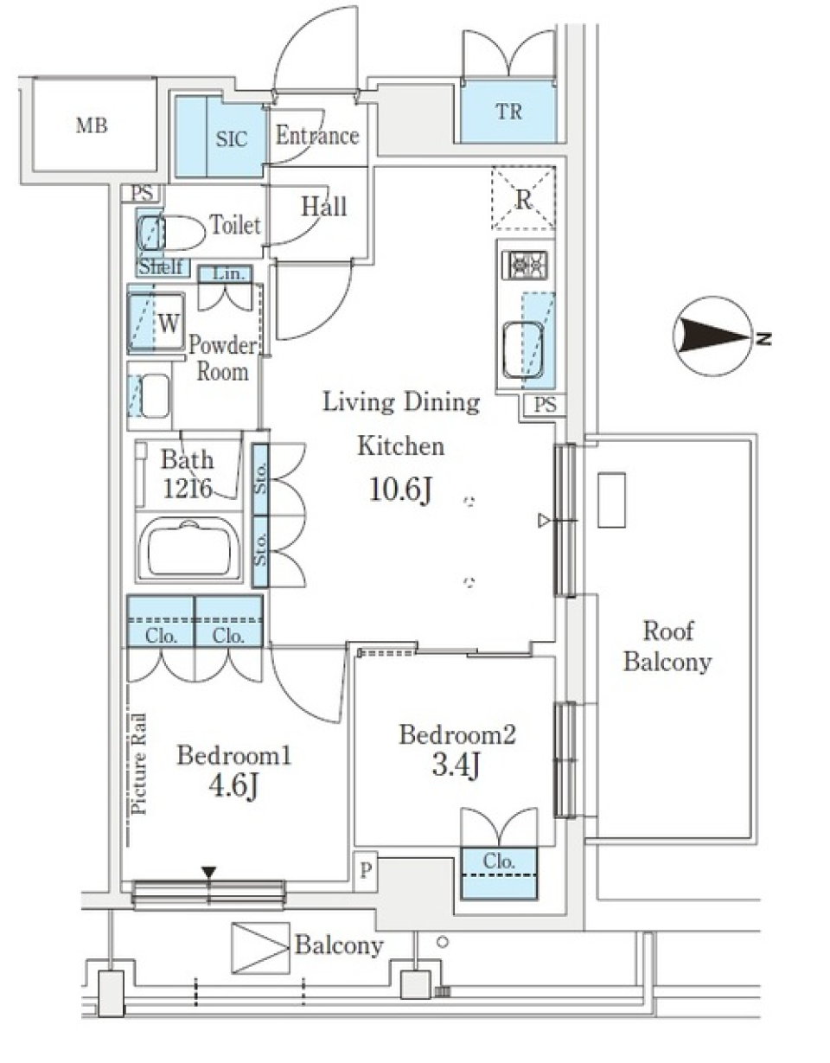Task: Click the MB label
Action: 92,126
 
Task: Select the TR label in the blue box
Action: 509,112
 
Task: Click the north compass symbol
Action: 713,337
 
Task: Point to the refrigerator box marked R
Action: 523,198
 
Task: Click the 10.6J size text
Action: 400,490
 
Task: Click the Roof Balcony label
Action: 667,646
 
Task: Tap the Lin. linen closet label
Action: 225,274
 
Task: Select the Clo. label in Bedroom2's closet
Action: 499,861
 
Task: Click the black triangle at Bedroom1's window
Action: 208,872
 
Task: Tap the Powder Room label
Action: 222,359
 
